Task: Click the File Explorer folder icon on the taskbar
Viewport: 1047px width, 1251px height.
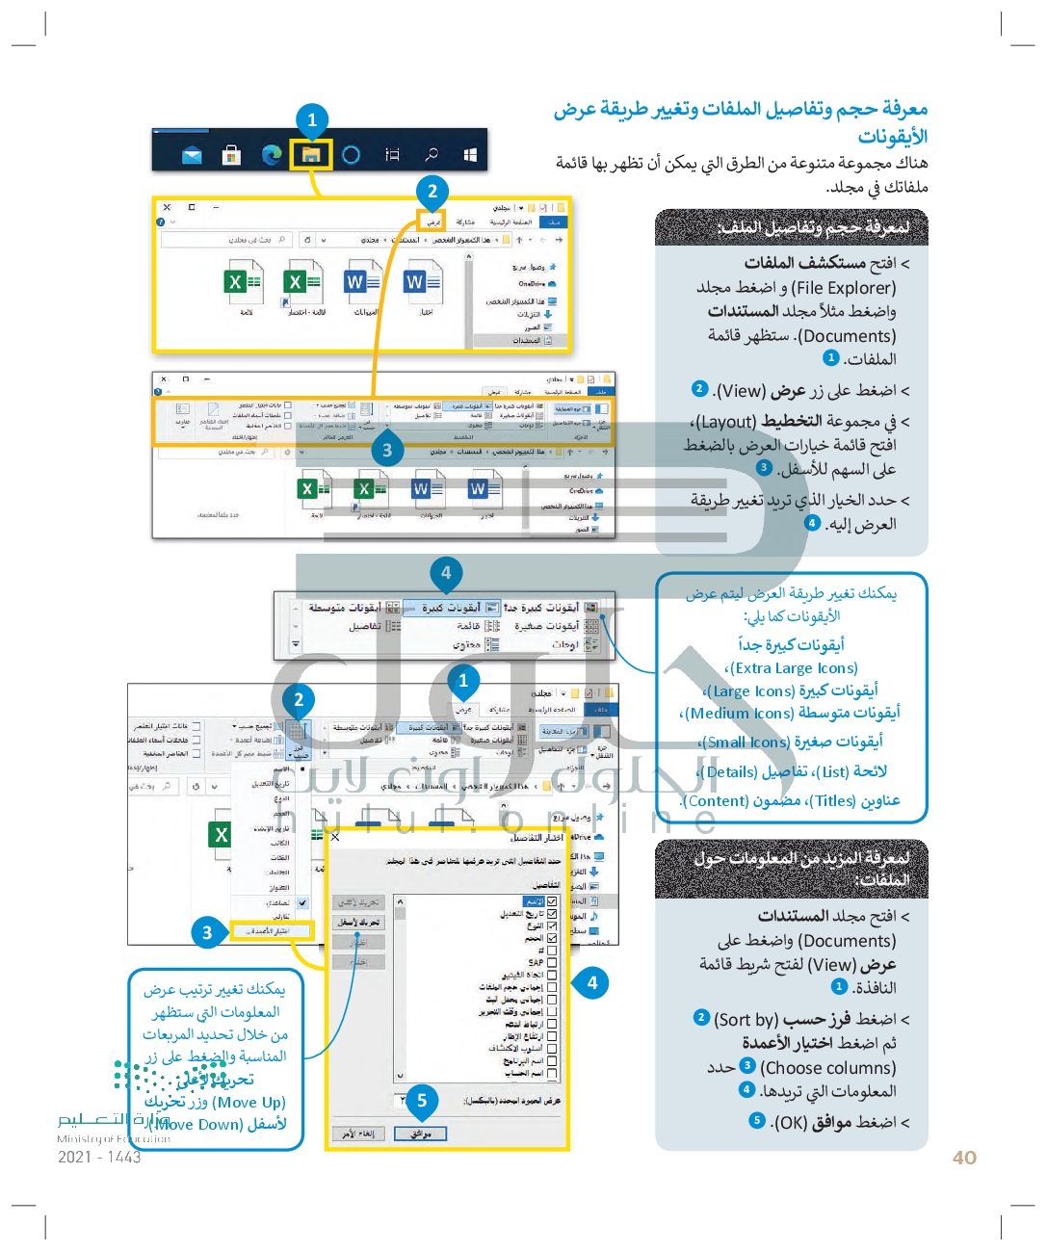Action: [x=311, y=154]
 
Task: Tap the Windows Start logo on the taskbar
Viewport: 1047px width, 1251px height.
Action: [x=470, y=154]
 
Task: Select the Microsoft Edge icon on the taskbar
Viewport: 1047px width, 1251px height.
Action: [x=273, y=154]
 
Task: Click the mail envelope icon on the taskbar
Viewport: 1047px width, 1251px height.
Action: [x=193, y=155]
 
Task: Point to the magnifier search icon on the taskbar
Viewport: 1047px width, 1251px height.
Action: [x=432, y=154]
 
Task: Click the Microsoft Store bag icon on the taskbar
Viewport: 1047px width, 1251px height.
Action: [x=231, y=154]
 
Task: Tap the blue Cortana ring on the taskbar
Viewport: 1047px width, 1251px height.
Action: [x=352, y=154]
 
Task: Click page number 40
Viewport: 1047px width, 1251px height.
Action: [x=964, y=1158]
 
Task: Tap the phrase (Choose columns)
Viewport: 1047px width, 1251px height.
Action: [x=827, y=1067]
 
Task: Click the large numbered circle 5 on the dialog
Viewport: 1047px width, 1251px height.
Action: [x=422, y=1100]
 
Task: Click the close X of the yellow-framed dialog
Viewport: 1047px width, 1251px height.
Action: [x=335, y=837]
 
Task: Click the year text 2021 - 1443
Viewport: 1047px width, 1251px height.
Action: [x=99, y=1157]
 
